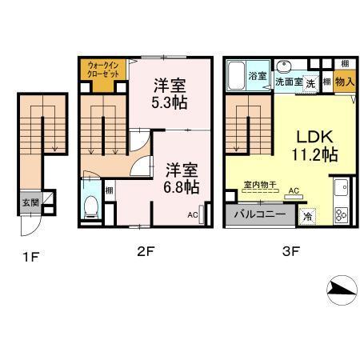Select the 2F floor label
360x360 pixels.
[144, 251]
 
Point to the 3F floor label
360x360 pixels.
[290, 251]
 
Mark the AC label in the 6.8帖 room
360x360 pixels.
[192, 214]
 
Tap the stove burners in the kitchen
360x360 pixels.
[342, 214]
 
